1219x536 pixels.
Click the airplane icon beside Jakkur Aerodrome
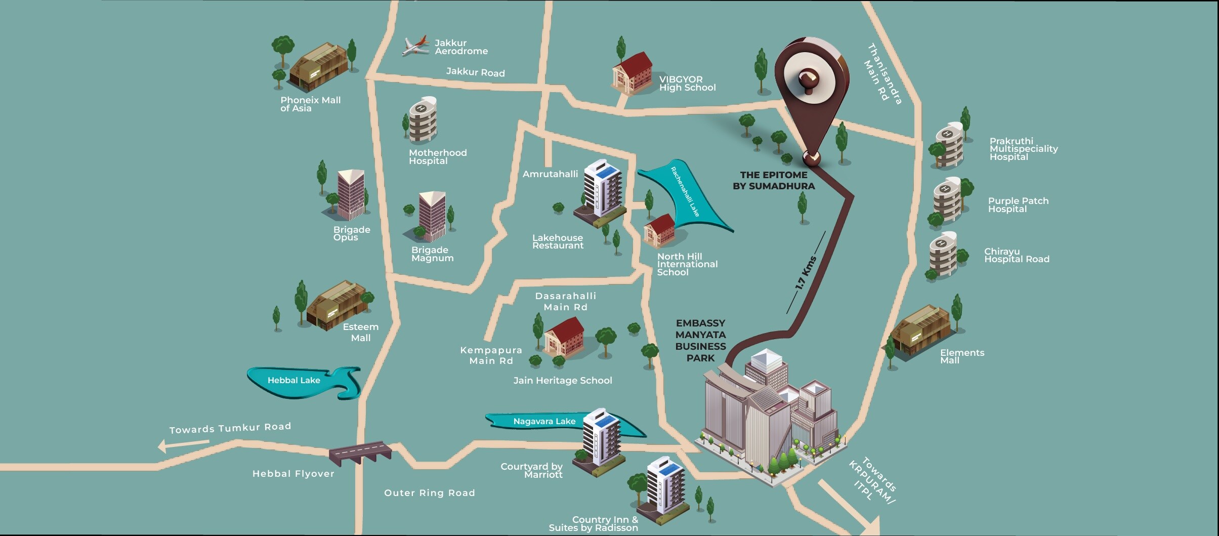[x=415, y=46]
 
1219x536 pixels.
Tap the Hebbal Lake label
[x=293, y=380]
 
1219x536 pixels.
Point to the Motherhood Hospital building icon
[x=423, y=120]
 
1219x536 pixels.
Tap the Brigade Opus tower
[x=351, y=194]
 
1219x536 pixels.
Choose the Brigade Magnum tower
[x=432, y=217]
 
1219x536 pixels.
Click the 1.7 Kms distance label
[x=806, y=273]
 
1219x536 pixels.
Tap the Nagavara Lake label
[x=544, y=421]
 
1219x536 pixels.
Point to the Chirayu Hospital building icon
[x=943, y=255]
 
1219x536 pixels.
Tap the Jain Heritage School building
[x=564, y=337]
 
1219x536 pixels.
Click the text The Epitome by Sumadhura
[x=774, y=180]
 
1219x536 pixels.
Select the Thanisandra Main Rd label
[x=884, y=75]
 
